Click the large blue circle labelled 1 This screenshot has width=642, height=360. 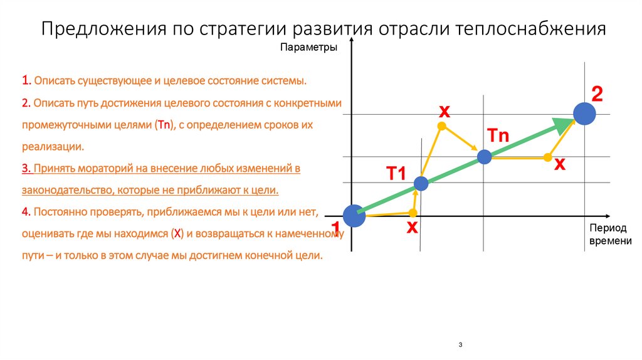click(x=354, y=216)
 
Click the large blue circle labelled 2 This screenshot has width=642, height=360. click(x=584, y=114)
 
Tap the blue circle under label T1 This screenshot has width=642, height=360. click(x=421, y=184)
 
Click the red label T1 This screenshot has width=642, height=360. click(x=396, y=174)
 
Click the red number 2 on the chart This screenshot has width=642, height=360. click(x=597, y=95)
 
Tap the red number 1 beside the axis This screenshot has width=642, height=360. click(x=335, y=227)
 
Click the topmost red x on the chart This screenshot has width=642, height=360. click(x=444, y=111)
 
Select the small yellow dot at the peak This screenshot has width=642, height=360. click(x=441, y=127)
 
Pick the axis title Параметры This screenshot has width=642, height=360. click(x=308, y=47)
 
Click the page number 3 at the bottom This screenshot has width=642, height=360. click(x=460, y=345)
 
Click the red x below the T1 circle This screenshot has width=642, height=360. click(x=412, y=227)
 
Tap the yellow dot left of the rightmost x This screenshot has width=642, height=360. click(x=547, y=157)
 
